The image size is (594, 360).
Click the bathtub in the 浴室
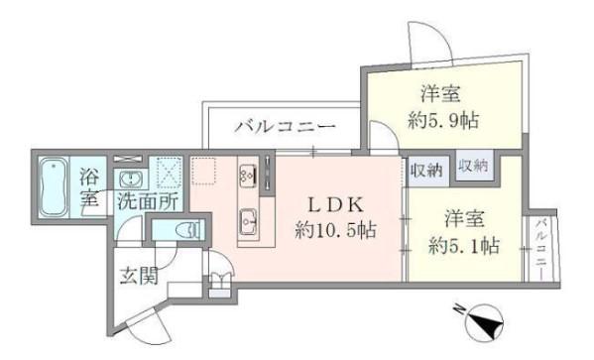[55, 186]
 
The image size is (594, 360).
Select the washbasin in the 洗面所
[131, 179]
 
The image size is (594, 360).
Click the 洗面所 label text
[147, 201]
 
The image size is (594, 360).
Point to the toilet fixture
[188, 230]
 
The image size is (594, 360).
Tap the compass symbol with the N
[482, 321]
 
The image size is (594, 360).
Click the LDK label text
[335, 205]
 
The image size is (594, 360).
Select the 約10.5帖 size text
[335, 229]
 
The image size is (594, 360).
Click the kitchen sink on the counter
[249, 221]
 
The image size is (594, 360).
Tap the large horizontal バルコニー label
[285, 126]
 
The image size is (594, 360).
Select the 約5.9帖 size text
[443, 121]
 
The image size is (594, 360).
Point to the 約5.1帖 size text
[464, 246]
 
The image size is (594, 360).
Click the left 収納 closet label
[426, 171]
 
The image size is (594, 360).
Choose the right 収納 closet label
[473, 166]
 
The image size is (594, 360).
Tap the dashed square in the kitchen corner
[204, 171]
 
